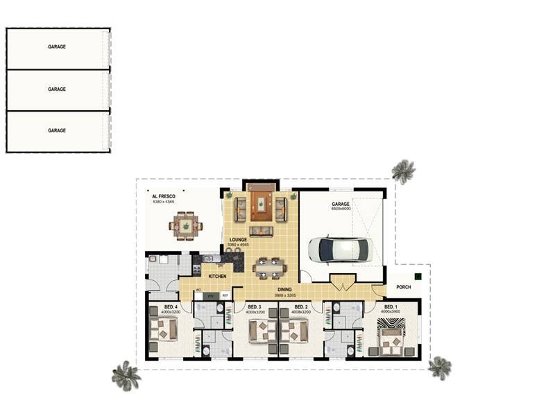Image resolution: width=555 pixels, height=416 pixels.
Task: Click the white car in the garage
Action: pyautogui.click(x=341, y=250)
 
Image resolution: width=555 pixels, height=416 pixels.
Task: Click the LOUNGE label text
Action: pyautogui.click(x=238, y=240)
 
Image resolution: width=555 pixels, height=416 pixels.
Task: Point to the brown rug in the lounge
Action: pyautogui.click(x=261, y=205)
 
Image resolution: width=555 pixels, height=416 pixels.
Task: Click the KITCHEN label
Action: pyautogui.click(x=218, y=277)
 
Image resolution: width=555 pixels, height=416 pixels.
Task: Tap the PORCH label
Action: pyautogui.click(x=403, y=287)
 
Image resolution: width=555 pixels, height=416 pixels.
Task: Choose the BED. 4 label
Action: pyautogui.click(x=171, y=306)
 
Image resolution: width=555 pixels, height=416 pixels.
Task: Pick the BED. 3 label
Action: pyautogui.click(x=255, y=306)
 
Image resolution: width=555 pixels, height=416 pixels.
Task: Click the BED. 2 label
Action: pyautogui.click(x=301, y=306)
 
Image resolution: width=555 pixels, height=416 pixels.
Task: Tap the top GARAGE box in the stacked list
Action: pyautogui.click(x=57, y=47)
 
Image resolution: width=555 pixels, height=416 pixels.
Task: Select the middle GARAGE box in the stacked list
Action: pyautogui.click(x=57, y=89)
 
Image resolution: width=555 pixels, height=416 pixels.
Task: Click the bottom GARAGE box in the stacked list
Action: pyautogui.click(x=57, y=130)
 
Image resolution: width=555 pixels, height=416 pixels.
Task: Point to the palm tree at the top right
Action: pyautogui.click(x=403, y=171)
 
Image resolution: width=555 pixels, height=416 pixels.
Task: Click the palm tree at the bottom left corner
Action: pyautogui.click(x=126, y=375)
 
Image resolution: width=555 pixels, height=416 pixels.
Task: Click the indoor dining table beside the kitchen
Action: pyautogui.click(x=268, y=267)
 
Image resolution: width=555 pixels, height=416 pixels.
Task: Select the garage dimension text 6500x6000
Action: pyautogui.click(x=341, y=209)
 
